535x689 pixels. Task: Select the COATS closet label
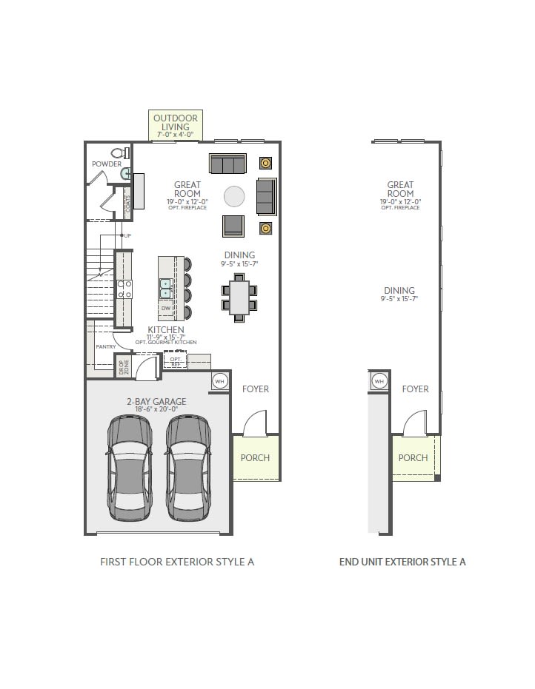pyautogui.click(x=127, y=204)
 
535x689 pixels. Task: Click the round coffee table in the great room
pyautogui.click(x=234, y=195)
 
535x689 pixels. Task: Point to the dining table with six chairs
pyautogui.click(x=239, y=296)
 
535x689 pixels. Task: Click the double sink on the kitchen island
pyautogui.click(x=165, y=286)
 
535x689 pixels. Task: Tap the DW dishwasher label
pyautogui.click(x=165, y=307)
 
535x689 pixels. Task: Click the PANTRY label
pyautogui.click(x=106, y=346)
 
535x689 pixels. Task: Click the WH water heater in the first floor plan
pyautogui.click(x=220, y=380)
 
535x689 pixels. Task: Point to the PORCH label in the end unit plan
pyautogui.click(x=413, y=457)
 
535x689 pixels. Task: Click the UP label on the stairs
pyautogui.click(x=127, y=235)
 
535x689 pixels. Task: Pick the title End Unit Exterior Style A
pyautogui.click(x=402, y=562)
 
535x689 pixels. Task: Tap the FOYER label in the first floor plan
pyautogui.click(x=256, y=389)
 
